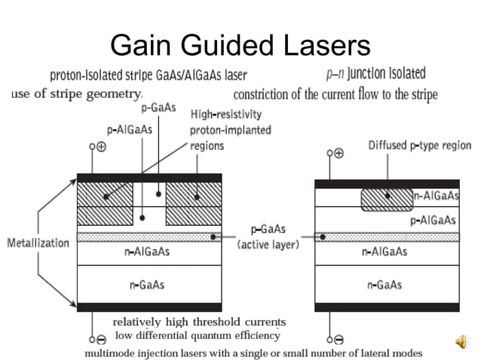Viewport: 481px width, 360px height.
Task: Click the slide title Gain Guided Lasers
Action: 240,47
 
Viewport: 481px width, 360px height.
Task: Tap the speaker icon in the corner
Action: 461,343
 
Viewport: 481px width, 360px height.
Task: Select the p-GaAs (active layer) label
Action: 268,237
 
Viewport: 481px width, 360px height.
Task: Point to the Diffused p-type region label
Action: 419,145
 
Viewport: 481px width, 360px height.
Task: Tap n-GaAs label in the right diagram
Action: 385,284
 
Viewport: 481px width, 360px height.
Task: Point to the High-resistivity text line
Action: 226,114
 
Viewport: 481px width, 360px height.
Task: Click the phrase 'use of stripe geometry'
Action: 77,94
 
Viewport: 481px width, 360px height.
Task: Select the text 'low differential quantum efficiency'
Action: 196,335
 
